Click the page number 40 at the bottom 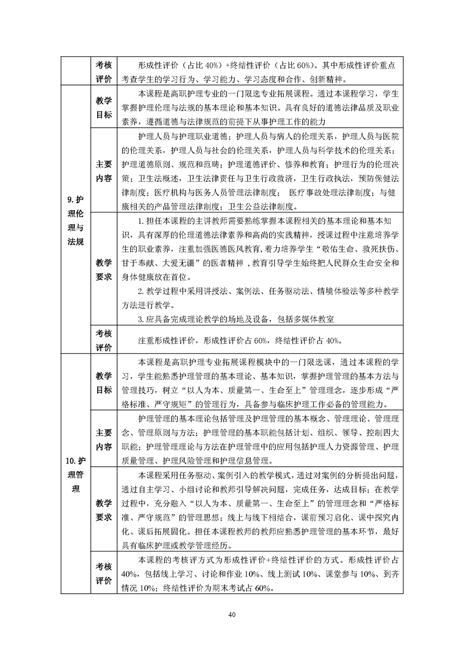232,614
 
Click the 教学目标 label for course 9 104,108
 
